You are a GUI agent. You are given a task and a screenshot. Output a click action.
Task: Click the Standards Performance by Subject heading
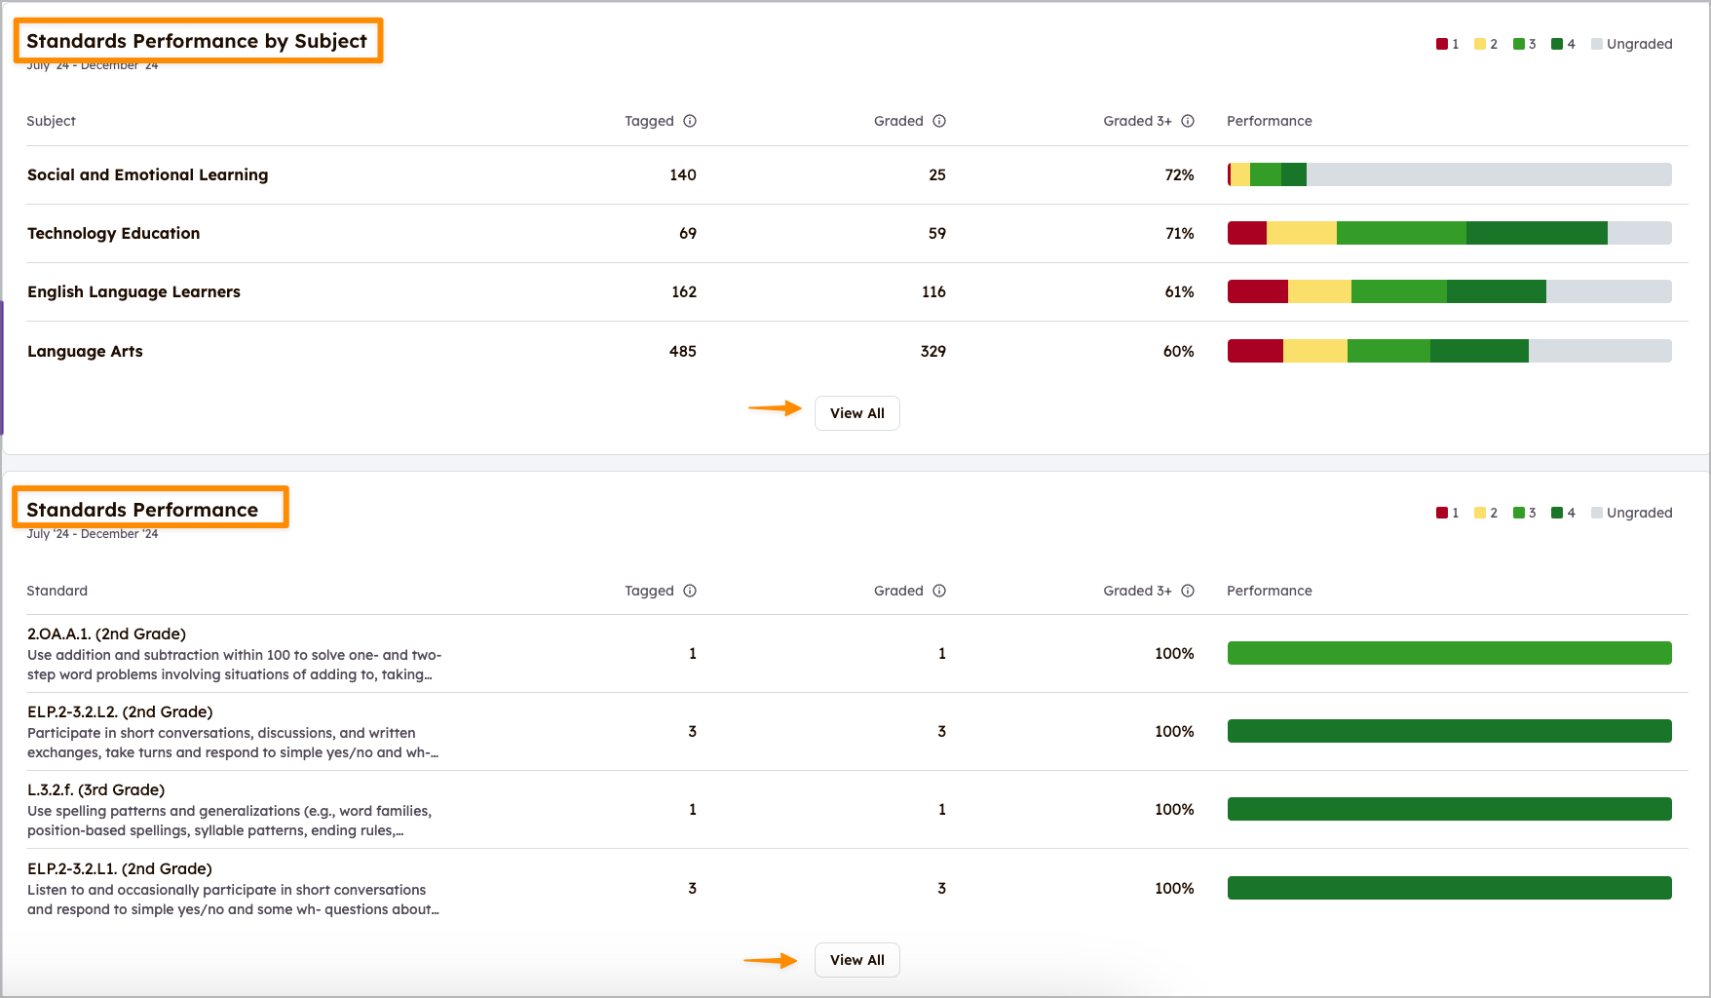pos(197,41)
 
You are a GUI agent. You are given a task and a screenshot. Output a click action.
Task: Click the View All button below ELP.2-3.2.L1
pos(856,960)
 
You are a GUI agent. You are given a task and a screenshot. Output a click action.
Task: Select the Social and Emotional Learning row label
pos(147,174)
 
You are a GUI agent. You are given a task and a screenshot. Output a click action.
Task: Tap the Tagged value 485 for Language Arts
pos(682,351)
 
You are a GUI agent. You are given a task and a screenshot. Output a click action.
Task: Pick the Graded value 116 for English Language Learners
pos(933,291)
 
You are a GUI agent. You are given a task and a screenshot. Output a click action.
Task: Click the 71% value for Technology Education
pos(1179,233)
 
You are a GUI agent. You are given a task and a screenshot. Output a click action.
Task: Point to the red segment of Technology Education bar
pos(1246,233)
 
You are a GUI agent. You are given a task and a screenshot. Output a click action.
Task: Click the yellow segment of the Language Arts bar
pos(1314,351)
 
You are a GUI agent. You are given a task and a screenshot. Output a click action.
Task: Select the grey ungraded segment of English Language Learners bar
pos(1608,291)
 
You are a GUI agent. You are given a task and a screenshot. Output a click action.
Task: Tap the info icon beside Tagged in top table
pos(690,121)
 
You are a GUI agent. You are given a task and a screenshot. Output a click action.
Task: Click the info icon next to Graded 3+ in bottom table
pos(1188,591)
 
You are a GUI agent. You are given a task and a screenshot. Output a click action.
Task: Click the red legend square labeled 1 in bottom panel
pos(1442,513)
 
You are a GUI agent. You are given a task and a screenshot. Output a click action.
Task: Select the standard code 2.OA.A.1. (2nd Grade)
pos(106,633)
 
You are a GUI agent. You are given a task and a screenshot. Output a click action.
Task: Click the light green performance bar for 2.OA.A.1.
pos(1449,653)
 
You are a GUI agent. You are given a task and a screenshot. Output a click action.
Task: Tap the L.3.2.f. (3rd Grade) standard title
pos(95,789)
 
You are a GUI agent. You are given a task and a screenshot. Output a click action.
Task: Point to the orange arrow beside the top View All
pos(775,408)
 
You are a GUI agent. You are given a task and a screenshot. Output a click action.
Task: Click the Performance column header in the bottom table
pos(1269,591)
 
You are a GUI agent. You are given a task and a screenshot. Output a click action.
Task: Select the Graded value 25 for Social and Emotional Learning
pos(936,174)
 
